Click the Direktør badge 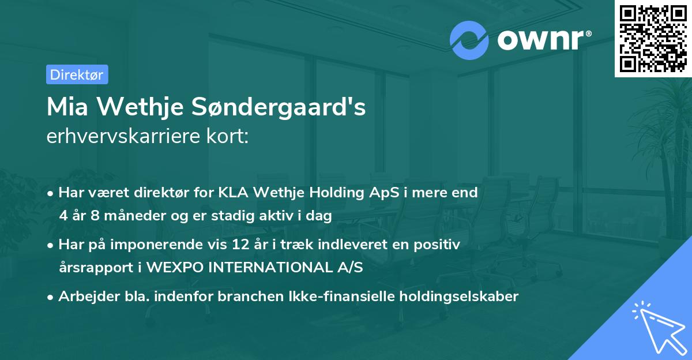[77, 74]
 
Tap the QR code [652, 38]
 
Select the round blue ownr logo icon [469, 40]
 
